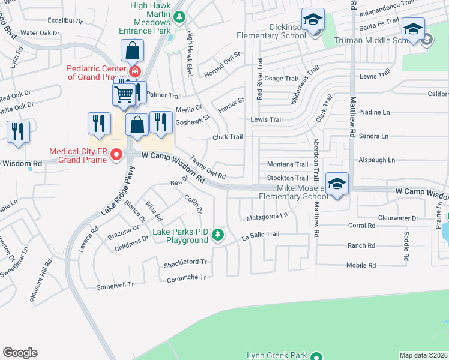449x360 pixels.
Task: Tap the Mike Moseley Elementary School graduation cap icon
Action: pos(337,184)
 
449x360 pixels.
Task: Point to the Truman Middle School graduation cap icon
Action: pos(414,29)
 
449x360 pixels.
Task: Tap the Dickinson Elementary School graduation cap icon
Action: pos(313,20)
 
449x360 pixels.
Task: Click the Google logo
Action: pos(20,353)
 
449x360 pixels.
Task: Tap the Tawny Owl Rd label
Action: pos(208,169)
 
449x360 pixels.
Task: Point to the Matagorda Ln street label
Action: pos(264,215)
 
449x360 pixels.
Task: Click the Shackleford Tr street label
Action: pos(185,263)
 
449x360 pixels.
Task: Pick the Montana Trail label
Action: pos(287,164)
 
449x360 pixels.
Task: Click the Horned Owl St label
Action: pos(221,63)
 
